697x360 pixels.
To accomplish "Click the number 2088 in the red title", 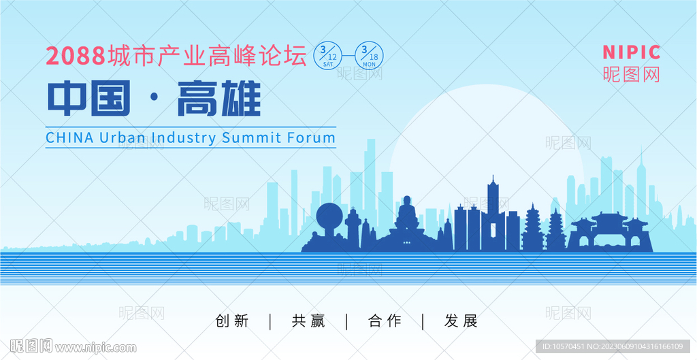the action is tap(75, 56).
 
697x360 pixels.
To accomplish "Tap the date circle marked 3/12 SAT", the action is tap(328, 56).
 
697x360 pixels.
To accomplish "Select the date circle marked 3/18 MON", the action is tap(369, 56).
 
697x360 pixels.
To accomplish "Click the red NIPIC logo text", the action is tap(631, 52).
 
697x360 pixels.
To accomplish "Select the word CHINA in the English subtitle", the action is tap(70, 137).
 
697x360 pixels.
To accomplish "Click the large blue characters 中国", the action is tap(89, 98).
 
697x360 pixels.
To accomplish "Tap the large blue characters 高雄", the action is tap(218, 98).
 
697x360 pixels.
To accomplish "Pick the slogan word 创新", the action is tap(231, 321).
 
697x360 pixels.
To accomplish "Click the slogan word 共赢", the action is tap(308, 321).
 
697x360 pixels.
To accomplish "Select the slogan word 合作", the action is tap(385, 321).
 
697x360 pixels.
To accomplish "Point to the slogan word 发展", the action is tap(461, 321).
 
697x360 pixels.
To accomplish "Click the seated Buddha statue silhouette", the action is tap(406, 218).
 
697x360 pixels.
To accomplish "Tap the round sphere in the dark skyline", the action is tap(329, 216).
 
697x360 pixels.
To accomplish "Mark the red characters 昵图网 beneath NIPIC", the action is tap(631, 74).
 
